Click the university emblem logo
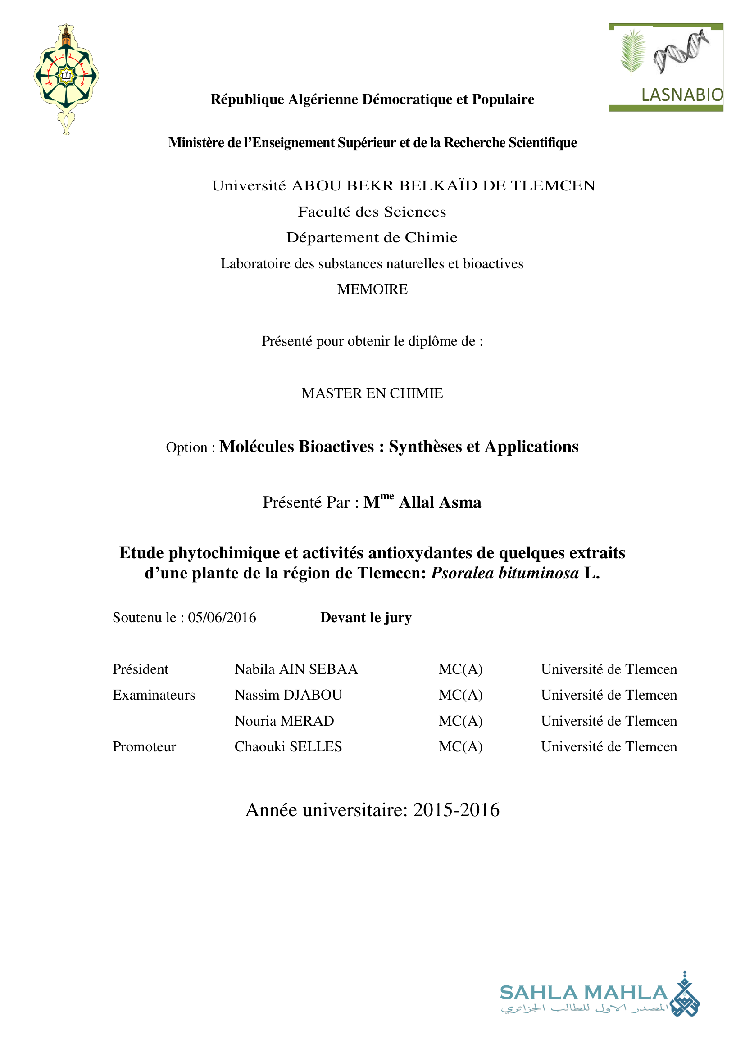66,78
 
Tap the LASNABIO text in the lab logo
681,95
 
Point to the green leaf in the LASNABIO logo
632,51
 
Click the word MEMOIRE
372,289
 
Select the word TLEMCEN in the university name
553,186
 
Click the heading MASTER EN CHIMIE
372,393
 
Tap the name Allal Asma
440,503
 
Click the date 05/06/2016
222,618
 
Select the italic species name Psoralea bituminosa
504,573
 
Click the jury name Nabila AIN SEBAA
296,669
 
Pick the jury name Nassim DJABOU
288,695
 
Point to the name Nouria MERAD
284,721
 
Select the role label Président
141,669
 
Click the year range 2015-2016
456,810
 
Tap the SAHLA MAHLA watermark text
583,993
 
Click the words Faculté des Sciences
372,212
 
